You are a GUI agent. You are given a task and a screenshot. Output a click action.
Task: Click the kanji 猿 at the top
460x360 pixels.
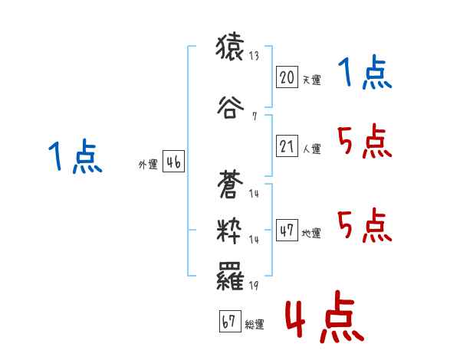[232, 50]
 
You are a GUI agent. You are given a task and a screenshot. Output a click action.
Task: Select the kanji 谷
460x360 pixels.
[232, 106]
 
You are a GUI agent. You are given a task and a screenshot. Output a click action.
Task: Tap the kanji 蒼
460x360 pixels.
[232, 183]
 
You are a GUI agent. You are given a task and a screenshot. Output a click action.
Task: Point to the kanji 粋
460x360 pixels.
[232, 231]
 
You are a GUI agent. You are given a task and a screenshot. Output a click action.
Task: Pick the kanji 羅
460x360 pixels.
[232, 275]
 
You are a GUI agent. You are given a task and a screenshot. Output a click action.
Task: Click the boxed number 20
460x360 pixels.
[287, 77]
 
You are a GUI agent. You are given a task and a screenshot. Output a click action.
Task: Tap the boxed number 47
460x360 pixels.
[287, 231]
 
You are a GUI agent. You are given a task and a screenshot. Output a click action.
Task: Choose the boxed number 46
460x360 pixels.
[172, 162]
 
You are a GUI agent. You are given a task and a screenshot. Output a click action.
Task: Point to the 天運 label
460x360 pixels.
[311, 80]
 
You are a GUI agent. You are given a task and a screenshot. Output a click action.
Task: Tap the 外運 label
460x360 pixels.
[148, 165]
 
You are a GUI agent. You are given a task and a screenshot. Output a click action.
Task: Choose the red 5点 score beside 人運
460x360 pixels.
[365, 142]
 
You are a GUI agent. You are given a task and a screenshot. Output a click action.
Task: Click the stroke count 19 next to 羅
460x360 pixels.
[254, 286]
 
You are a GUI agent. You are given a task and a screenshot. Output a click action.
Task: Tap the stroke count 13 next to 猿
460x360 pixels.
[254, 56]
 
